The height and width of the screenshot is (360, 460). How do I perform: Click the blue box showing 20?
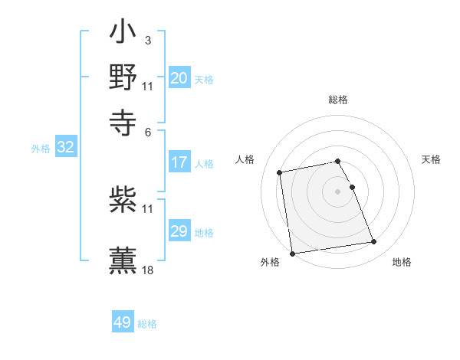179,77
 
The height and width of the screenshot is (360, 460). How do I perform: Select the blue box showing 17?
179,162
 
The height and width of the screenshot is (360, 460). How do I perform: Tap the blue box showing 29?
179,231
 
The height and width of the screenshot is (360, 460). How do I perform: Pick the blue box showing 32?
66,147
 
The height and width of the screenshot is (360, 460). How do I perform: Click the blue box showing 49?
123,322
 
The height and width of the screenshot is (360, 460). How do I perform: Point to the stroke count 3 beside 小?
147,39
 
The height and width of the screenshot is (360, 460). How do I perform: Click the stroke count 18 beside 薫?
147,270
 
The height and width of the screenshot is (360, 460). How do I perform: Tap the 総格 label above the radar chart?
338,100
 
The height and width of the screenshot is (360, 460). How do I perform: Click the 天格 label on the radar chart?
432,159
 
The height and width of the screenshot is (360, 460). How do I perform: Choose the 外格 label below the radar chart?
270,262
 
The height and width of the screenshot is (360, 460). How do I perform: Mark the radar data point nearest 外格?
292,253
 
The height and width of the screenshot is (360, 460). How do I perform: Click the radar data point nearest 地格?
373,242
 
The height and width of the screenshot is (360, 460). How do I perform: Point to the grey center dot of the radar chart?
338,191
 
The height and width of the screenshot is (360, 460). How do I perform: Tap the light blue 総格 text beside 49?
147,324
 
